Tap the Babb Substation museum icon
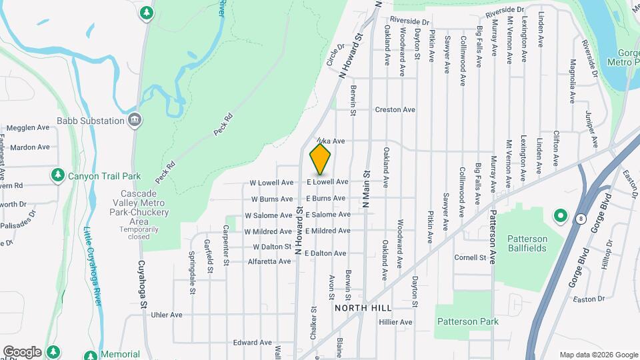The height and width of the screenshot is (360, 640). pyautogui.click(x=135, y=121)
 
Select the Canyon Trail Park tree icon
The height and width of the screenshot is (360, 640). pyautogui.click(x=58, y=175)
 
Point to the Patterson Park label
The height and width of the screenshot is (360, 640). pyautogui.click(x=468, y=321)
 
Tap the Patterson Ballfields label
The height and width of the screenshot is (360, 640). pyautogui.click(x=527, y=243)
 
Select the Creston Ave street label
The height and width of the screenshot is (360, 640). pyautogui.click(x=395, y=109)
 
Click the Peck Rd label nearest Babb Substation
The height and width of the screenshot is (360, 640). pyautogui.click(x=223, y=125)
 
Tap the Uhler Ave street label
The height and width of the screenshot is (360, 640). pyautogui.click(x=167, y=315)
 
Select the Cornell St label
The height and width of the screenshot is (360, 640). pyautogui.click(x=470, y=257)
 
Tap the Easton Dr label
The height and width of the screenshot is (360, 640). pyautogui.click(x=588, y=299)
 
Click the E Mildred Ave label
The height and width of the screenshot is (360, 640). pyautogui.click(x=327, y=231)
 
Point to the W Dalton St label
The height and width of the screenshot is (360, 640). pyautogui.click(x=273, y=247)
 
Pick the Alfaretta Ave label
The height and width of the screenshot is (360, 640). pyautogui.click(x=269, y=261)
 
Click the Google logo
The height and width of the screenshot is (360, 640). pyautogui.click(x=22, y=351)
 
